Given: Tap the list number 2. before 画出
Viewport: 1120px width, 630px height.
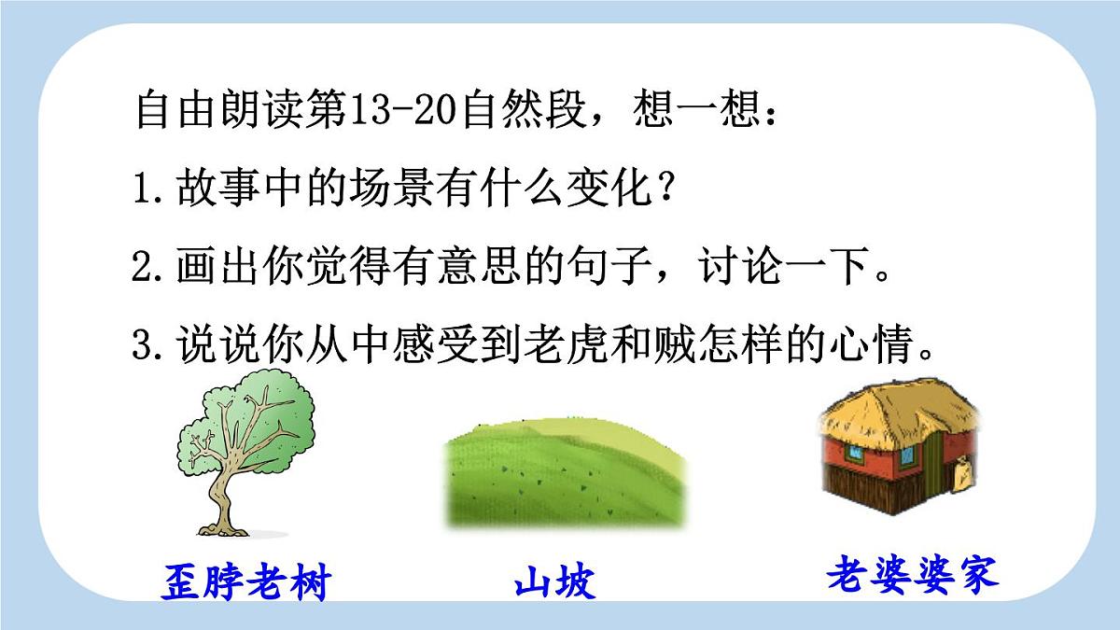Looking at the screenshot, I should (149, 270).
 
